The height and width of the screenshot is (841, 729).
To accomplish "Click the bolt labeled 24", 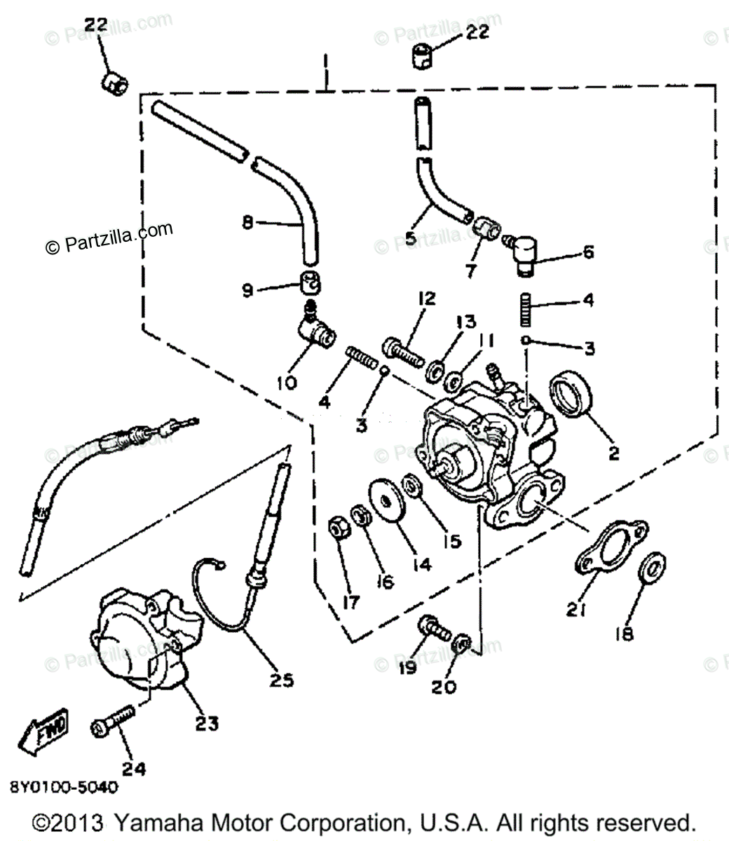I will pyautogui.click(x=112, y=722).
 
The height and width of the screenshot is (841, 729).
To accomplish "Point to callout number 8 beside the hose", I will pyautogui.click(x=247, y=223).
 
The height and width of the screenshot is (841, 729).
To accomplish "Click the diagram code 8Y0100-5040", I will pyautogui.click(x=64, y=787).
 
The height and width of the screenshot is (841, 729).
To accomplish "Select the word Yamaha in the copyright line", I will pyautogui.click(x=154, y=823).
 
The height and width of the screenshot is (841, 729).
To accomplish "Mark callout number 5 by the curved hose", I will pyautogui.click(x=411, y=240).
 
